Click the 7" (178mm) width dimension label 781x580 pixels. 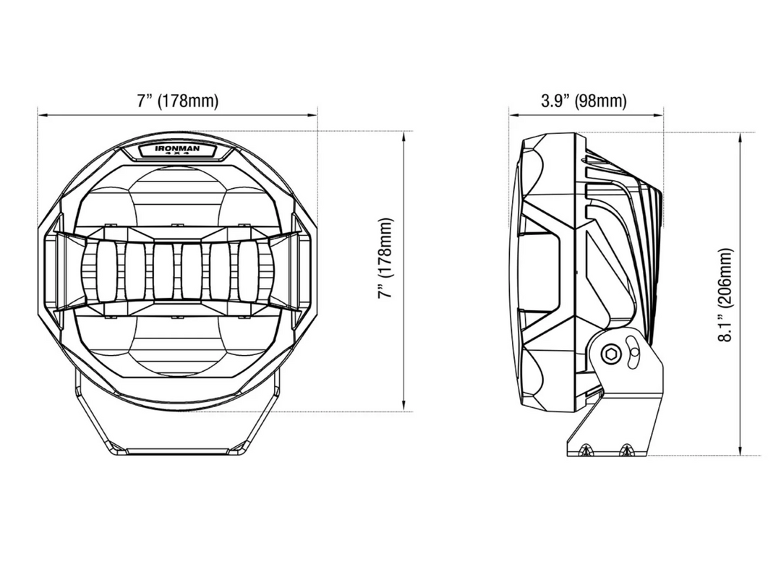(177, 101)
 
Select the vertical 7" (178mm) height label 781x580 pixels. (385, 257)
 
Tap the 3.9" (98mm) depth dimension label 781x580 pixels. (584, 101)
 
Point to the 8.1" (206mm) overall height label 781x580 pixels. (726, 294)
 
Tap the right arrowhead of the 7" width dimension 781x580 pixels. (313, 115)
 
